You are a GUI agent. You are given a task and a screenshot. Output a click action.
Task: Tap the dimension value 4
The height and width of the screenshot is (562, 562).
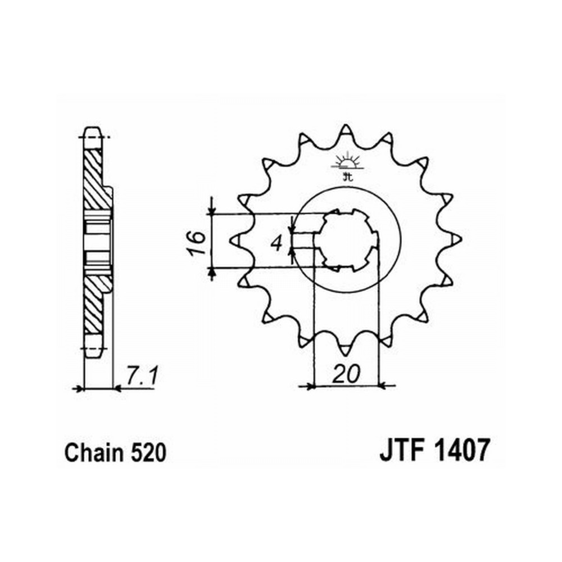277,244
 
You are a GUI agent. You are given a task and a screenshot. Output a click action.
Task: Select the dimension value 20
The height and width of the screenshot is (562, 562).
346,374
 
